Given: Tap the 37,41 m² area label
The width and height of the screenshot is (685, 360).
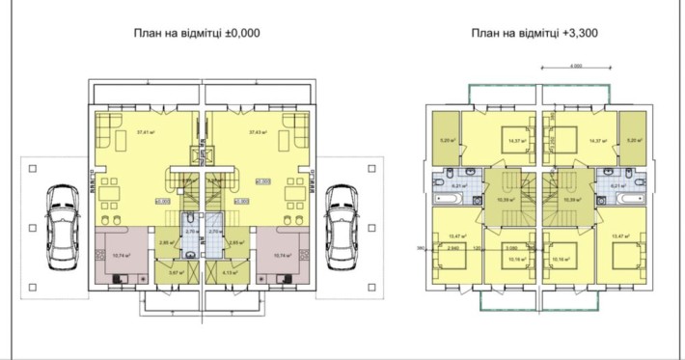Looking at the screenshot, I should (147, 132).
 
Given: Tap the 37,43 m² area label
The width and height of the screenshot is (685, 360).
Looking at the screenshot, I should (257, 132).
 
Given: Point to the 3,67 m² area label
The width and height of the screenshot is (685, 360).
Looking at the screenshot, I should (175, 274).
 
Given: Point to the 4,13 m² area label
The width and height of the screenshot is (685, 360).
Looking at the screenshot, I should (229, 274).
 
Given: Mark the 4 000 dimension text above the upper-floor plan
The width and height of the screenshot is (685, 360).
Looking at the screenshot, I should (575, 67).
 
